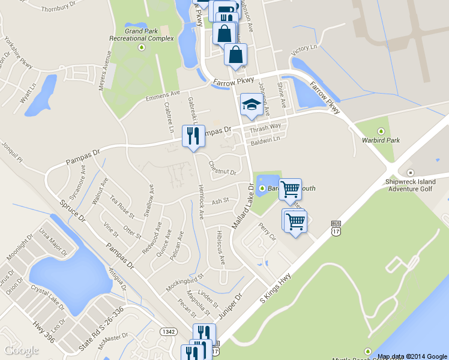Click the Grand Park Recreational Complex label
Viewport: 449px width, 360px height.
click(x=142, y=34)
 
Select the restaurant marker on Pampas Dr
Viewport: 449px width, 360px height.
click(x=193, y=136)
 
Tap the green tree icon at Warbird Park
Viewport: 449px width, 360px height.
click(x=381, y=131)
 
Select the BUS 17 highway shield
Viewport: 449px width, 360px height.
click(x=336, y=227)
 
